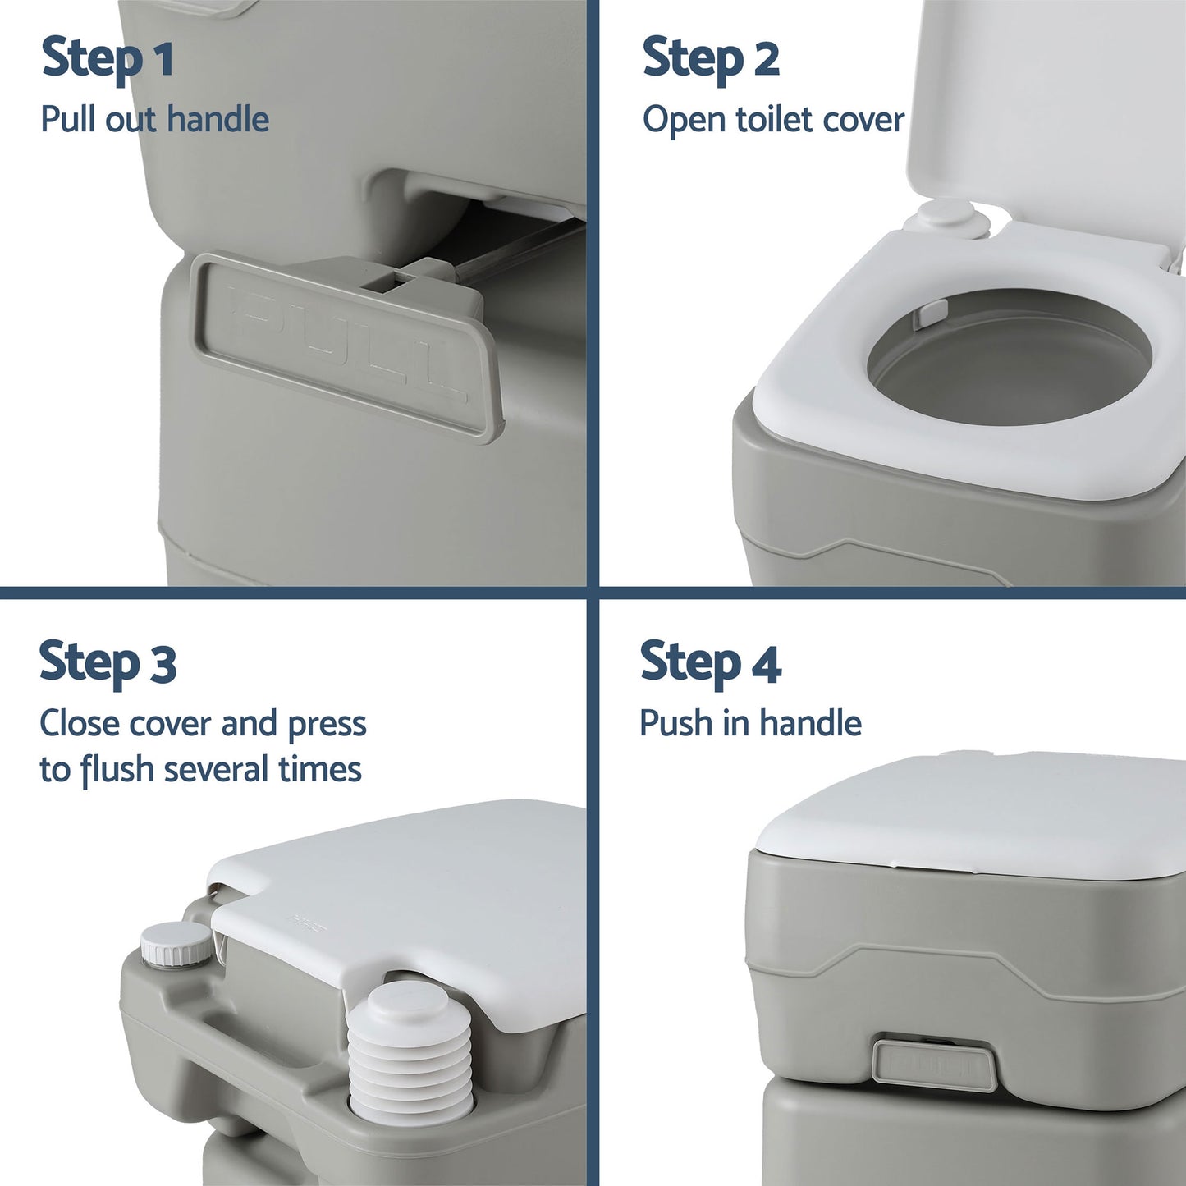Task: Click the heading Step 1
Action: pos(108,59)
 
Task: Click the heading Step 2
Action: pos(711,59)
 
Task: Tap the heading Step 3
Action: pos(108,663)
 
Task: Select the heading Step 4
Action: pos(711,663)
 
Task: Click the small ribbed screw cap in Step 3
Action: pos(176,944)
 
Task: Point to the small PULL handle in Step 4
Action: pos(934,1065)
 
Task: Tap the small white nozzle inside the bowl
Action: pos(932,313)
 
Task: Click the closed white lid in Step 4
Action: pos(968,813)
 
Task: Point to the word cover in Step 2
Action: pos(863,120)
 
